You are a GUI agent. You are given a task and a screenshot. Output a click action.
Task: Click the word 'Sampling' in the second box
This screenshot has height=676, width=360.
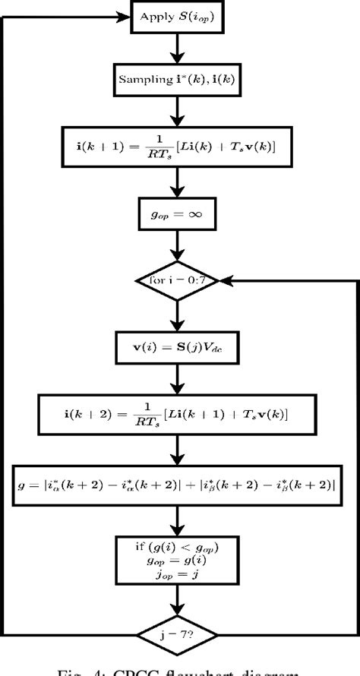point(141,78)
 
